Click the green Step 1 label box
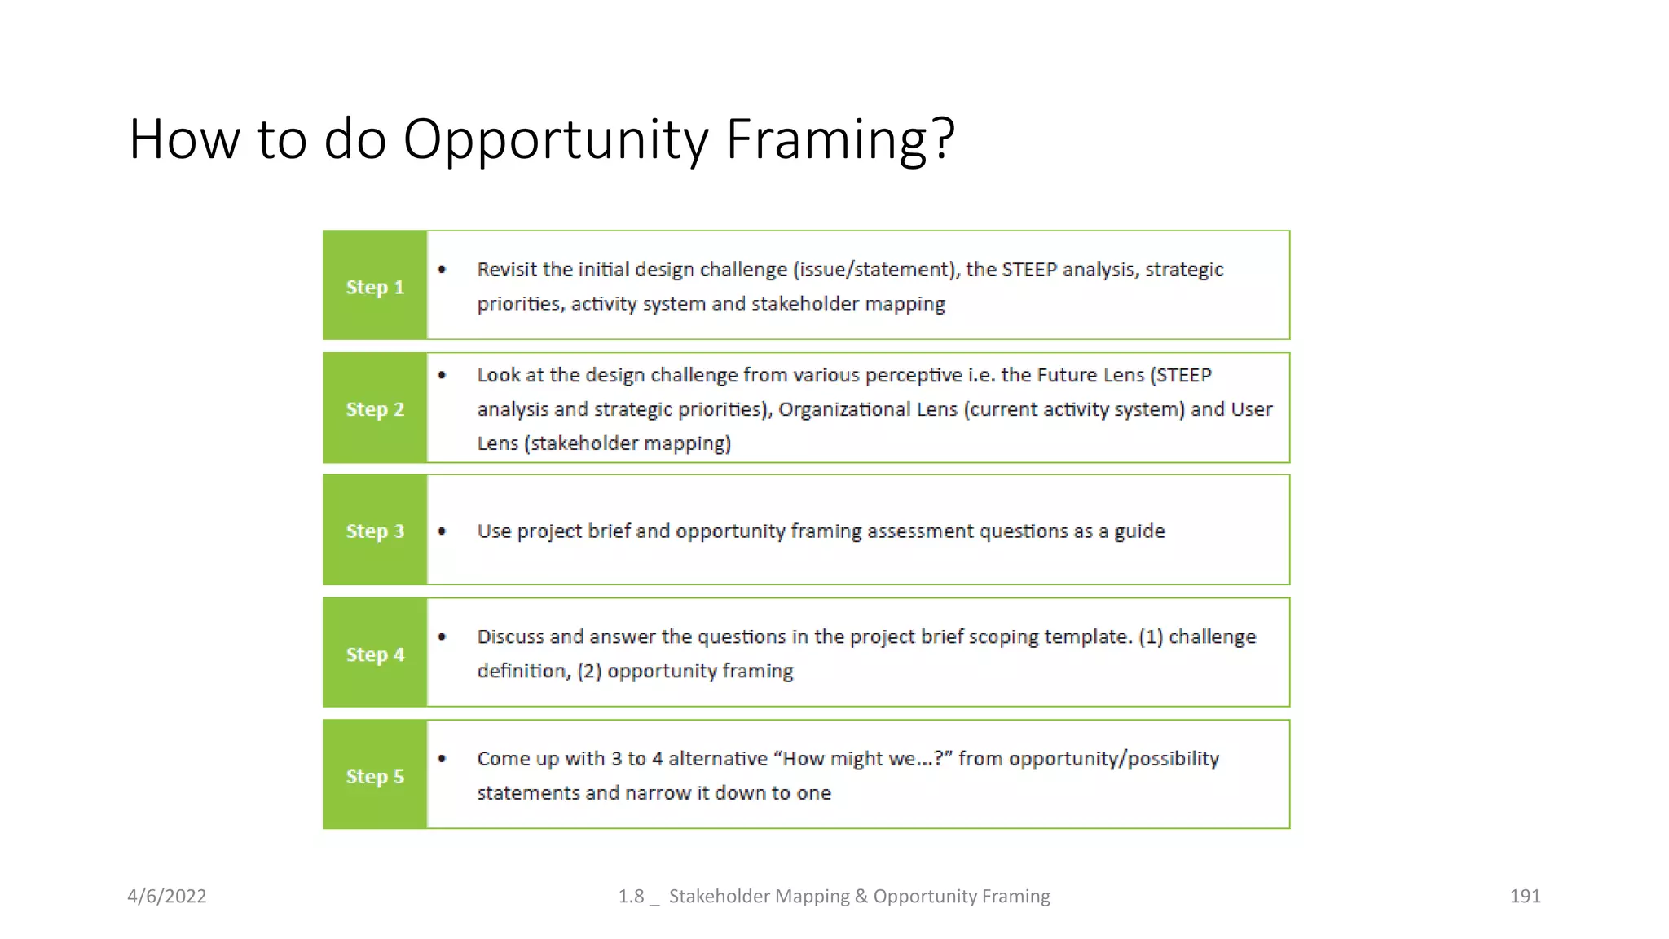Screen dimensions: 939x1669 [375, 286]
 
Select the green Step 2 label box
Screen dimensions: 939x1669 [375, 408]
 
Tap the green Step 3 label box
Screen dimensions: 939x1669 [375, 531]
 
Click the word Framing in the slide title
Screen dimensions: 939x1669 [839, 140]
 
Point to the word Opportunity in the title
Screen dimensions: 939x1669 [556, 140]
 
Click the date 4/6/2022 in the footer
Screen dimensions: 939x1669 [167, 896]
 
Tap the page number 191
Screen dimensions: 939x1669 [1525, 896]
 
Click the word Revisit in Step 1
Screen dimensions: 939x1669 [507, 269]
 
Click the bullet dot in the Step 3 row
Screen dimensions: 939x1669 [442, 531]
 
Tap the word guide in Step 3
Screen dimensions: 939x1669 [1139, 531]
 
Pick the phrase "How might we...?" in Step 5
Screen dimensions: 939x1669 [863, 759]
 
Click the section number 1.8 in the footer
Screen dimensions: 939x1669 [631, 896]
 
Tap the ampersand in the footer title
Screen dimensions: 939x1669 [861, 896]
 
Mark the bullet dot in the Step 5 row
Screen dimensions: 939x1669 [442, 759]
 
